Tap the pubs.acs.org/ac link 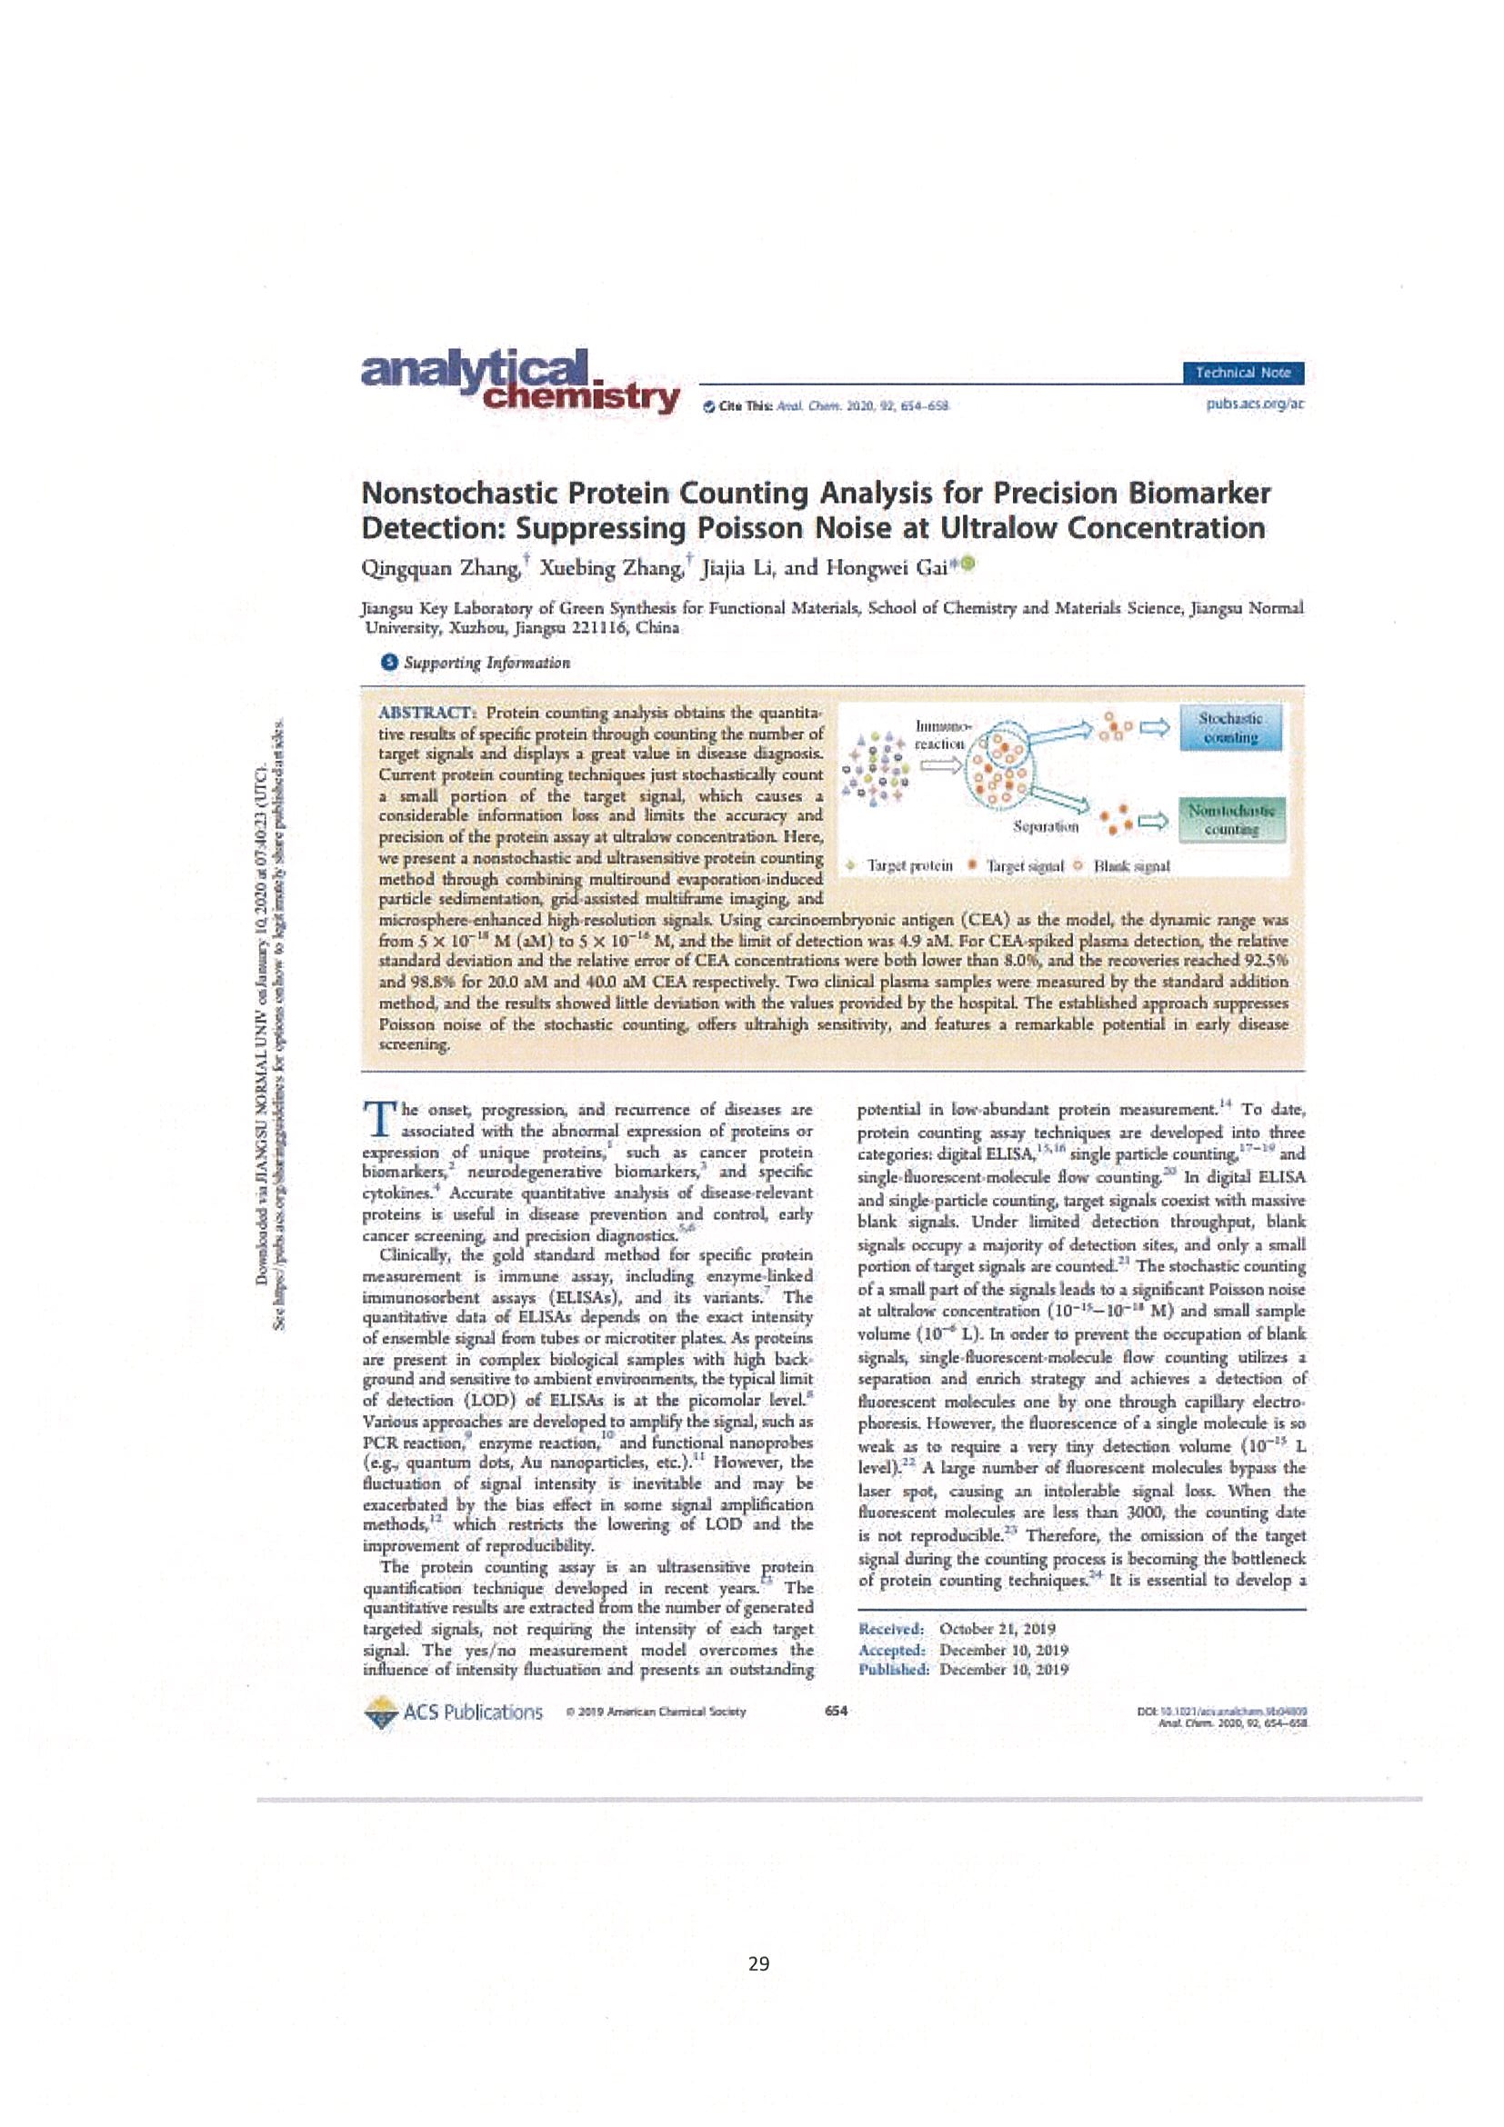click(x=1255, y=404)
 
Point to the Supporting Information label click(x=486, y=663)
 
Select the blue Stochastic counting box click(x=1229, y=728)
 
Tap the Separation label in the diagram click(x=1046, y=825)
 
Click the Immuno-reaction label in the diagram click(x=940, y=734)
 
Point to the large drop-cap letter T click(x=379, y=1119)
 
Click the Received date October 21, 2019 click(x=997, y=1628)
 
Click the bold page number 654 click(x=835, y=1710)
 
